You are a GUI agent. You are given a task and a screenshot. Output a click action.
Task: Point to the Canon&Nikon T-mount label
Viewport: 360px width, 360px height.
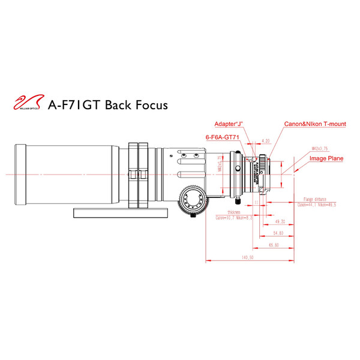pos(315,124)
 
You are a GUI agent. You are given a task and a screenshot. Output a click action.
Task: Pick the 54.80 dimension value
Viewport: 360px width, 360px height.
pos(278,232)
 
